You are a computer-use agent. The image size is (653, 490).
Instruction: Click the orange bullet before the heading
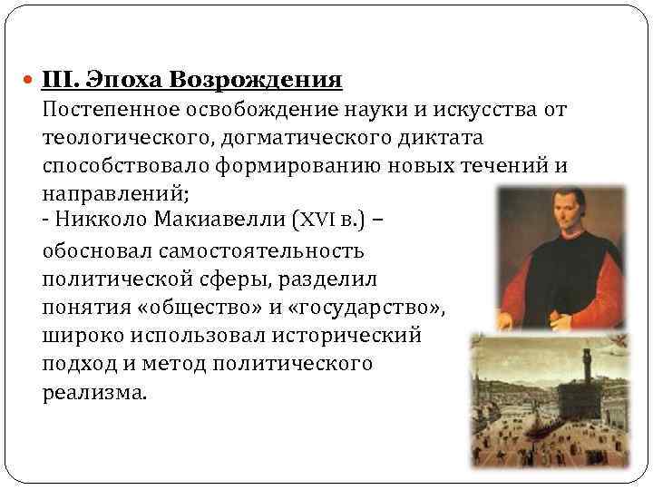pyautogui.click(x=29, y=81)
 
